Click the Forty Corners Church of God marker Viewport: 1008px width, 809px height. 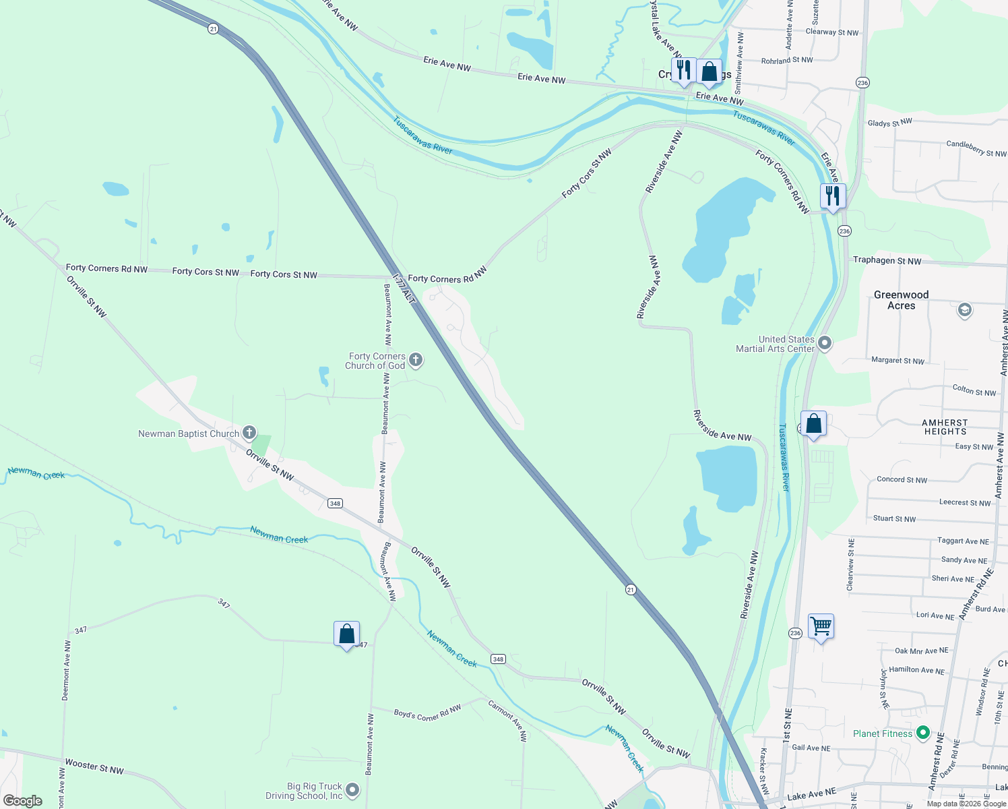click(x=416, y=359)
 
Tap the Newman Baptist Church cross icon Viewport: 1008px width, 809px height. click(x=249, y=432)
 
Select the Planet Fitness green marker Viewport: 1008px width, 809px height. click(x=923, y=733)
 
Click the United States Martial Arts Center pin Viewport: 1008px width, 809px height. click(x=824, y=343)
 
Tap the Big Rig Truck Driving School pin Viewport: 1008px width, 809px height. click(x=352, y=790)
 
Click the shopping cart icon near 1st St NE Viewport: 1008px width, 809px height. click(x=821, y=626)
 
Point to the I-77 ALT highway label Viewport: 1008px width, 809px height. click(x=404, y=289)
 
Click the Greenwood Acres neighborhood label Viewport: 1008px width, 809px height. click(x=901, y=300)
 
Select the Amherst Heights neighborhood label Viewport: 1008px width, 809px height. click(x=945, y=427)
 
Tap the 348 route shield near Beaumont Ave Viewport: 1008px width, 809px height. click(x=335, y=503)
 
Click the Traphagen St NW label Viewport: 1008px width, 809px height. click(x=887, y=260)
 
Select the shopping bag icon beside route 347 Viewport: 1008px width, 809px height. click(x=346, y=634)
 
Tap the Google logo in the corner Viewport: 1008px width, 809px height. click(x=23, y=800)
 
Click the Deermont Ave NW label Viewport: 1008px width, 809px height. click(x=66, y=671)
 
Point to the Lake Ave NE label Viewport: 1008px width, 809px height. click(x=811, y=795)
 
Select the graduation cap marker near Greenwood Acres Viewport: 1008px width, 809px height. click(x=964, y=309)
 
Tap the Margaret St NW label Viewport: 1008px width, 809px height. click(x=897, y=361)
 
